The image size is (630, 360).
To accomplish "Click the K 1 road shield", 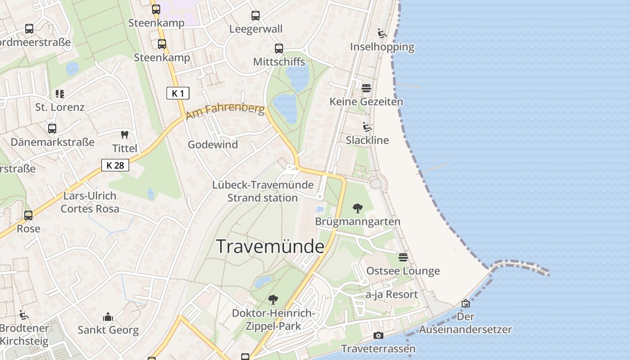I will [x=178, y=93].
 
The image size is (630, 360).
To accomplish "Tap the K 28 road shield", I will [x=115, y=165].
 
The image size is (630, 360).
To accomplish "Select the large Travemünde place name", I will [x=270, y=247].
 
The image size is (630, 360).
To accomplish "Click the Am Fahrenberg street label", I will [x=225, y=111].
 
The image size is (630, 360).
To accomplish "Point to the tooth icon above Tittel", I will [x=125, y=135].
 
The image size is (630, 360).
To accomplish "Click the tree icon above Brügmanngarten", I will [x=358, y=208].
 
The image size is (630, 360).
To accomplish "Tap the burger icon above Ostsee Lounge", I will [x=403, y=257].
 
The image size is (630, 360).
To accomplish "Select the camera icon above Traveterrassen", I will [x=378, y=335].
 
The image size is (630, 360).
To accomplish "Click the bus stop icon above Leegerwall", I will [x=256, y=16].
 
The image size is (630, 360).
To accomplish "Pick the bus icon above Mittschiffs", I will [x=279, y=49].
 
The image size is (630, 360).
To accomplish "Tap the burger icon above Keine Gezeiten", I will [x=366, y=88].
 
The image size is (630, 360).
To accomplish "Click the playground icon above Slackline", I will [x=367, y=127].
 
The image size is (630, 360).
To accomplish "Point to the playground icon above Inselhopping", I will [x=382, y=33].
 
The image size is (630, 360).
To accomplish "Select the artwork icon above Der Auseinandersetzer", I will [x=466, y=303].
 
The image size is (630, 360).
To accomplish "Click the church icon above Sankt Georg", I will [x=108, y=317].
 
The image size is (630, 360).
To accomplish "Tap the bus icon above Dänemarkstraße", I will [x=52, y=129].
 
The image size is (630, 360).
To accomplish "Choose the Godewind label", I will [x=212, y=144].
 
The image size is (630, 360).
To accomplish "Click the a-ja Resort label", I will [x=391, y=294].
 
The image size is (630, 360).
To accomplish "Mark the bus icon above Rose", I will [x=28, y=215].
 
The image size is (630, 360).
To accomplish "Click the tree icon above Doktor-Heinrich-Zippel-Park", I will [x=273, y=299].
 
